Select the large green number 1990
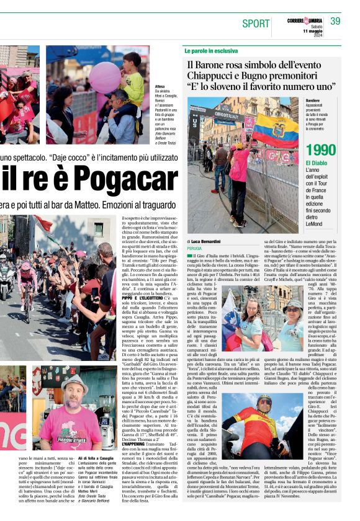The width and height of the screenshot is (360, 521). pyautogui.click(x=321, y=150)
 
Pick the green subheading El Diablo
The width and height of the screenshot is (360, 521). pyautogui.click(x=316, y=163)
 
